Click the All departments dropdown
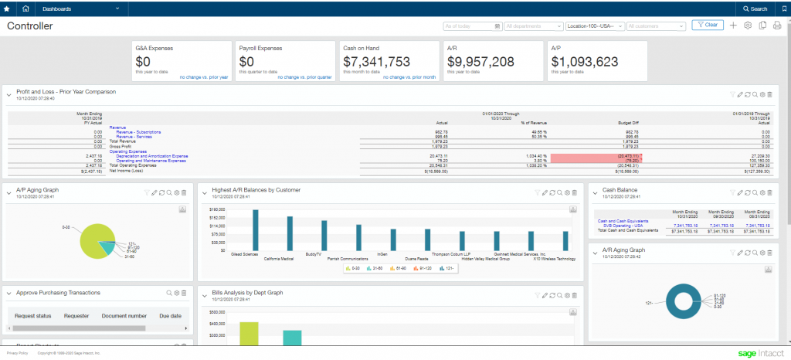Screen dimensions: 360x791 (x=533, y=26)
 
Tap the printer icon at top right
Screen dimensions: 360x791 (x=777, y=25)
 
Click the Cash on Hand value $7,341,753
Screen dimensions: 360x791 (x=376, y=62)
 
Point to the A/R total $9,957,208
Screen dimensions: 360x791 (x=480, y=62)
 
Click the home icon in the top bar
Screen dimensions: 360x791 (x=26, y=8)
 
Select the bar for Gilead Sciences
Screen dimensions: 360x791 (x=254, y=229)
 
